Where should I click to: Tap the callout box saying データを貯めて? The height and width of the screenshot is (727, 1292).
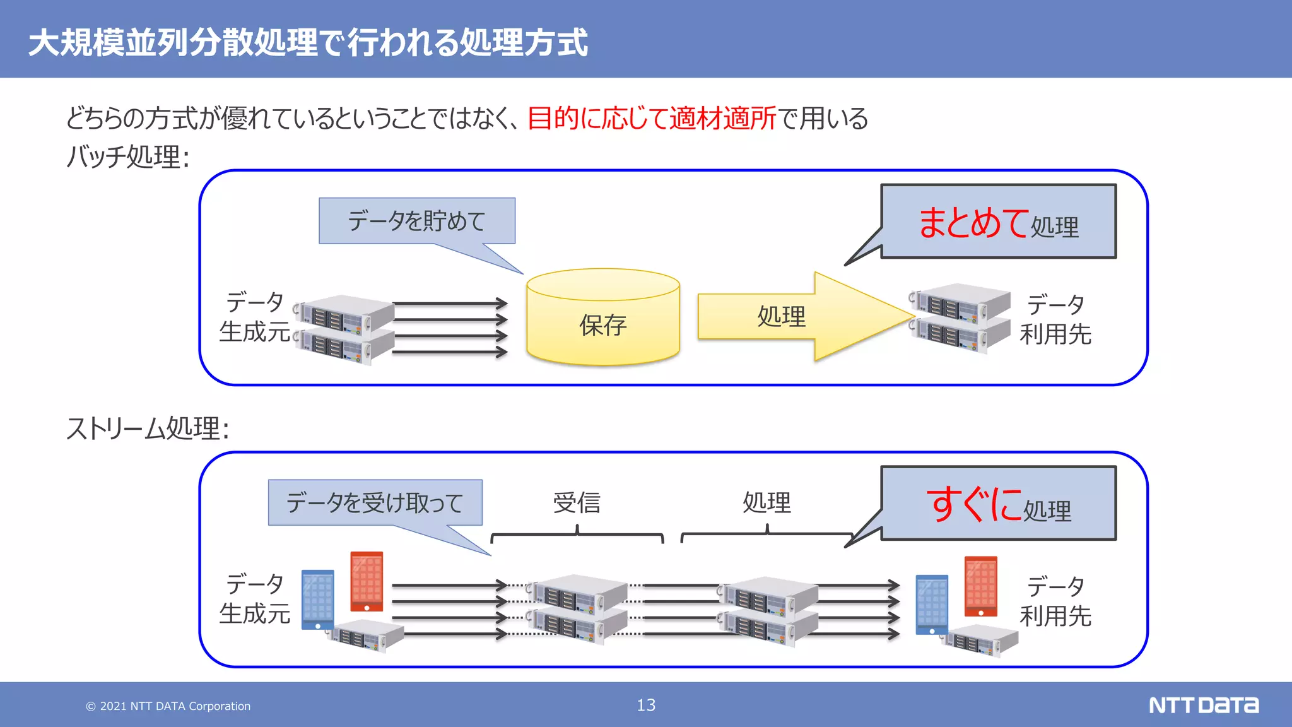click(x=417, y=221)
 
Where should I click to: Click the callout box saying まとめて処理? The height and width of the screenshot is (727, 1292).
click(x=998, y=222)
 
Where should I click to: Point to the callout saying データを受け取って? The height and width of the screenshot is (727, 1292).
click(x=375, y=502)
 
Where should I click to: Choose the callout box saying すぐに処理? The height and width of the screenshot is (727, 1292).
click(x=998, y=504)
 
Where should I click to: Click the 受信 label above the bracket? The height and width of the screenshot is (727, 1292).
click(x=577, y=503)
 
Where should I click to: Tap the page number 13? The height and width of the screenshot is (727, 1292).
click(x=646, y=705)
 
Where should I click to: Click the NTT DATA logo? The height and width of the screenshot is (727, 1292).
click(x=1203, y=705)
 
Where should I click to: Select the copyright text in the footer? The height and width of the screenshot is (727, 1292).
click(x=168, y=706)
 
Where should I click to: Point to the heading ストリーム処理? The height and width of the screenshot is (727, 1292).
click(x=148, y=429)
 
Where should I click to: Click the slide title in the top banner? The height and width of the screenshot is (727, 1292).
click(x=308, y=42)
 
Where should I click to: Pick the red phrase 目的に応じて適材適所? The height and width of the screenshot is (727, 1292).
click(x=652, y=118)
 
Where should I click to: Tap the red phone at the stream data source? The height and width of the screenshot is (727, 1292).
click(x=367, y=582)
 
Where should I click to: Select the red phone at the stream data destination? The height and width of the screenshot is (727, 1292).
click(x=981, y=586)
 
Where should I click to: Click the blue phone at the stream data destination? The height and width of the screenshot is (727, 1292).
click(x=932, y=604)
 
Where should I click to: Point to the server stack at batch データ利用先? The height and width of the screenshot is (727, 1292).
click(x=960, y=318)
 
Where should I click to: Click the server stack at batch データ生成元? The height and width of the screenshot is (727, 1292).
click(x=344, y=329)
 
